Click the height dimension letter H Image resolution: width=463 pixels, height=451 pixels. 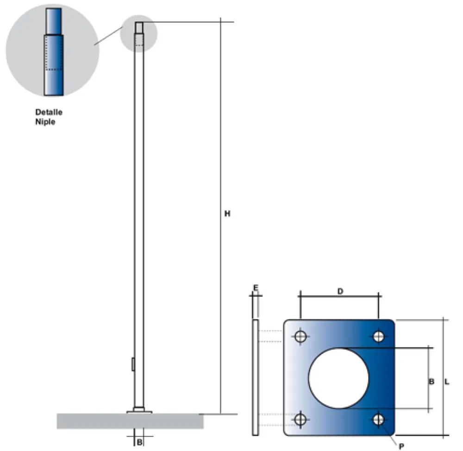tap(227, 214)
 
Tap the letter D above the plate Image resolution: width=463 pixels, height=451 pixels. tap(340, 291)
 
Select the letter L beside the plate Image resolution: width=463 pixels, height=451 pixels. tap(446, 382)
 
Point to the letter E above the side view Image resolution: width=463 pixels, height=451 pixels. tap(255, 288)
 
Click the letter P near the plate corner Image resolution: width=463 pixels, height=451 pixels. tap(401, 446)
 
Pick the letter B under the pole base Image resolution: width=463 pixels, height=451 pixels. tap(139, 442)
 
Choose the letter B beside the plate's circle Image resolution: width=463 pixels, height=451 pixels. tap(431, 382)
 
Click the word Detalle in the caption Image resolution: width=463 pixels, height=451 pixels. tap(49, 112)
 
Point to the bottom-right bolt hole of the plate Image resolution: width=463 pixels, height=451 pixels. tap(379, 419)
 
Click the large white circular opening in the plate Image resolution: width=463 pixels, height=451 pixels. tap(339, 378)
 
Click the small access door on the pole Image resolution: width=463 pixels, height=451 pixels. tap(133, 364)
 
